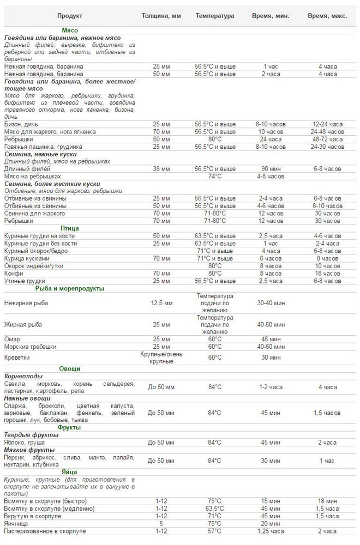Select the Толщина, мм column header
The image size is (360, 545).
pyautogui.click(x=161, y=16)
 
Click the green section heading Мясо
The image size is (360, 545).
pyautogui.click(x=69, y=31)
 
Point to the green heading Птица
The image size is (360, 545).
pyautogui.click(x=69, y=228)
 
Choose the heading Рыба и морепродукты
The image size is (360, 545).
pyautogui.click(x=69, y=288)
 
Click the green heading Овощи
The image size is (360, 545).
pyautogui.click(x=69, y=368)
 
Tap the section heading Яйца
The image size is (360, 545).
pyautogui.click(x=69, y=471)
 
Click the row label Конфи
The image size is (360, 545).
pyautogui.click(x=14, y=273)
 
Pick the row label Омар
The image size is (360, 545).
pyautogui.click(x=12, y=339)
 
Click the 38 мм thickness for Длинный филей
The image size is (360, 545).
pyautogui.click(x=161, y=169)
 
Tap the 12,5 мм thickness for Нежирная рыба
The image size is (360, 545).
pyautogui.click(x=161, y=302)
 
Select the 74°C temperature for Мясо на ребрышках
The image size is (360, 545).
pyautogui.click(x=215, y=176)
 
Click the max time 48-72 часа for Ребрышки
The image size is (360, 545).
pyautogui.click(x=328, y=139)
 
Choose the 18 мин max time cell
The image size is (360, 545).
pyautogui.click(x=328, y=501)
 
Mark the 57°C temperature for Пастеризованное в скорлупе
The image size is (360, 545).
pyautogui.click(x=215, y=530)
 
